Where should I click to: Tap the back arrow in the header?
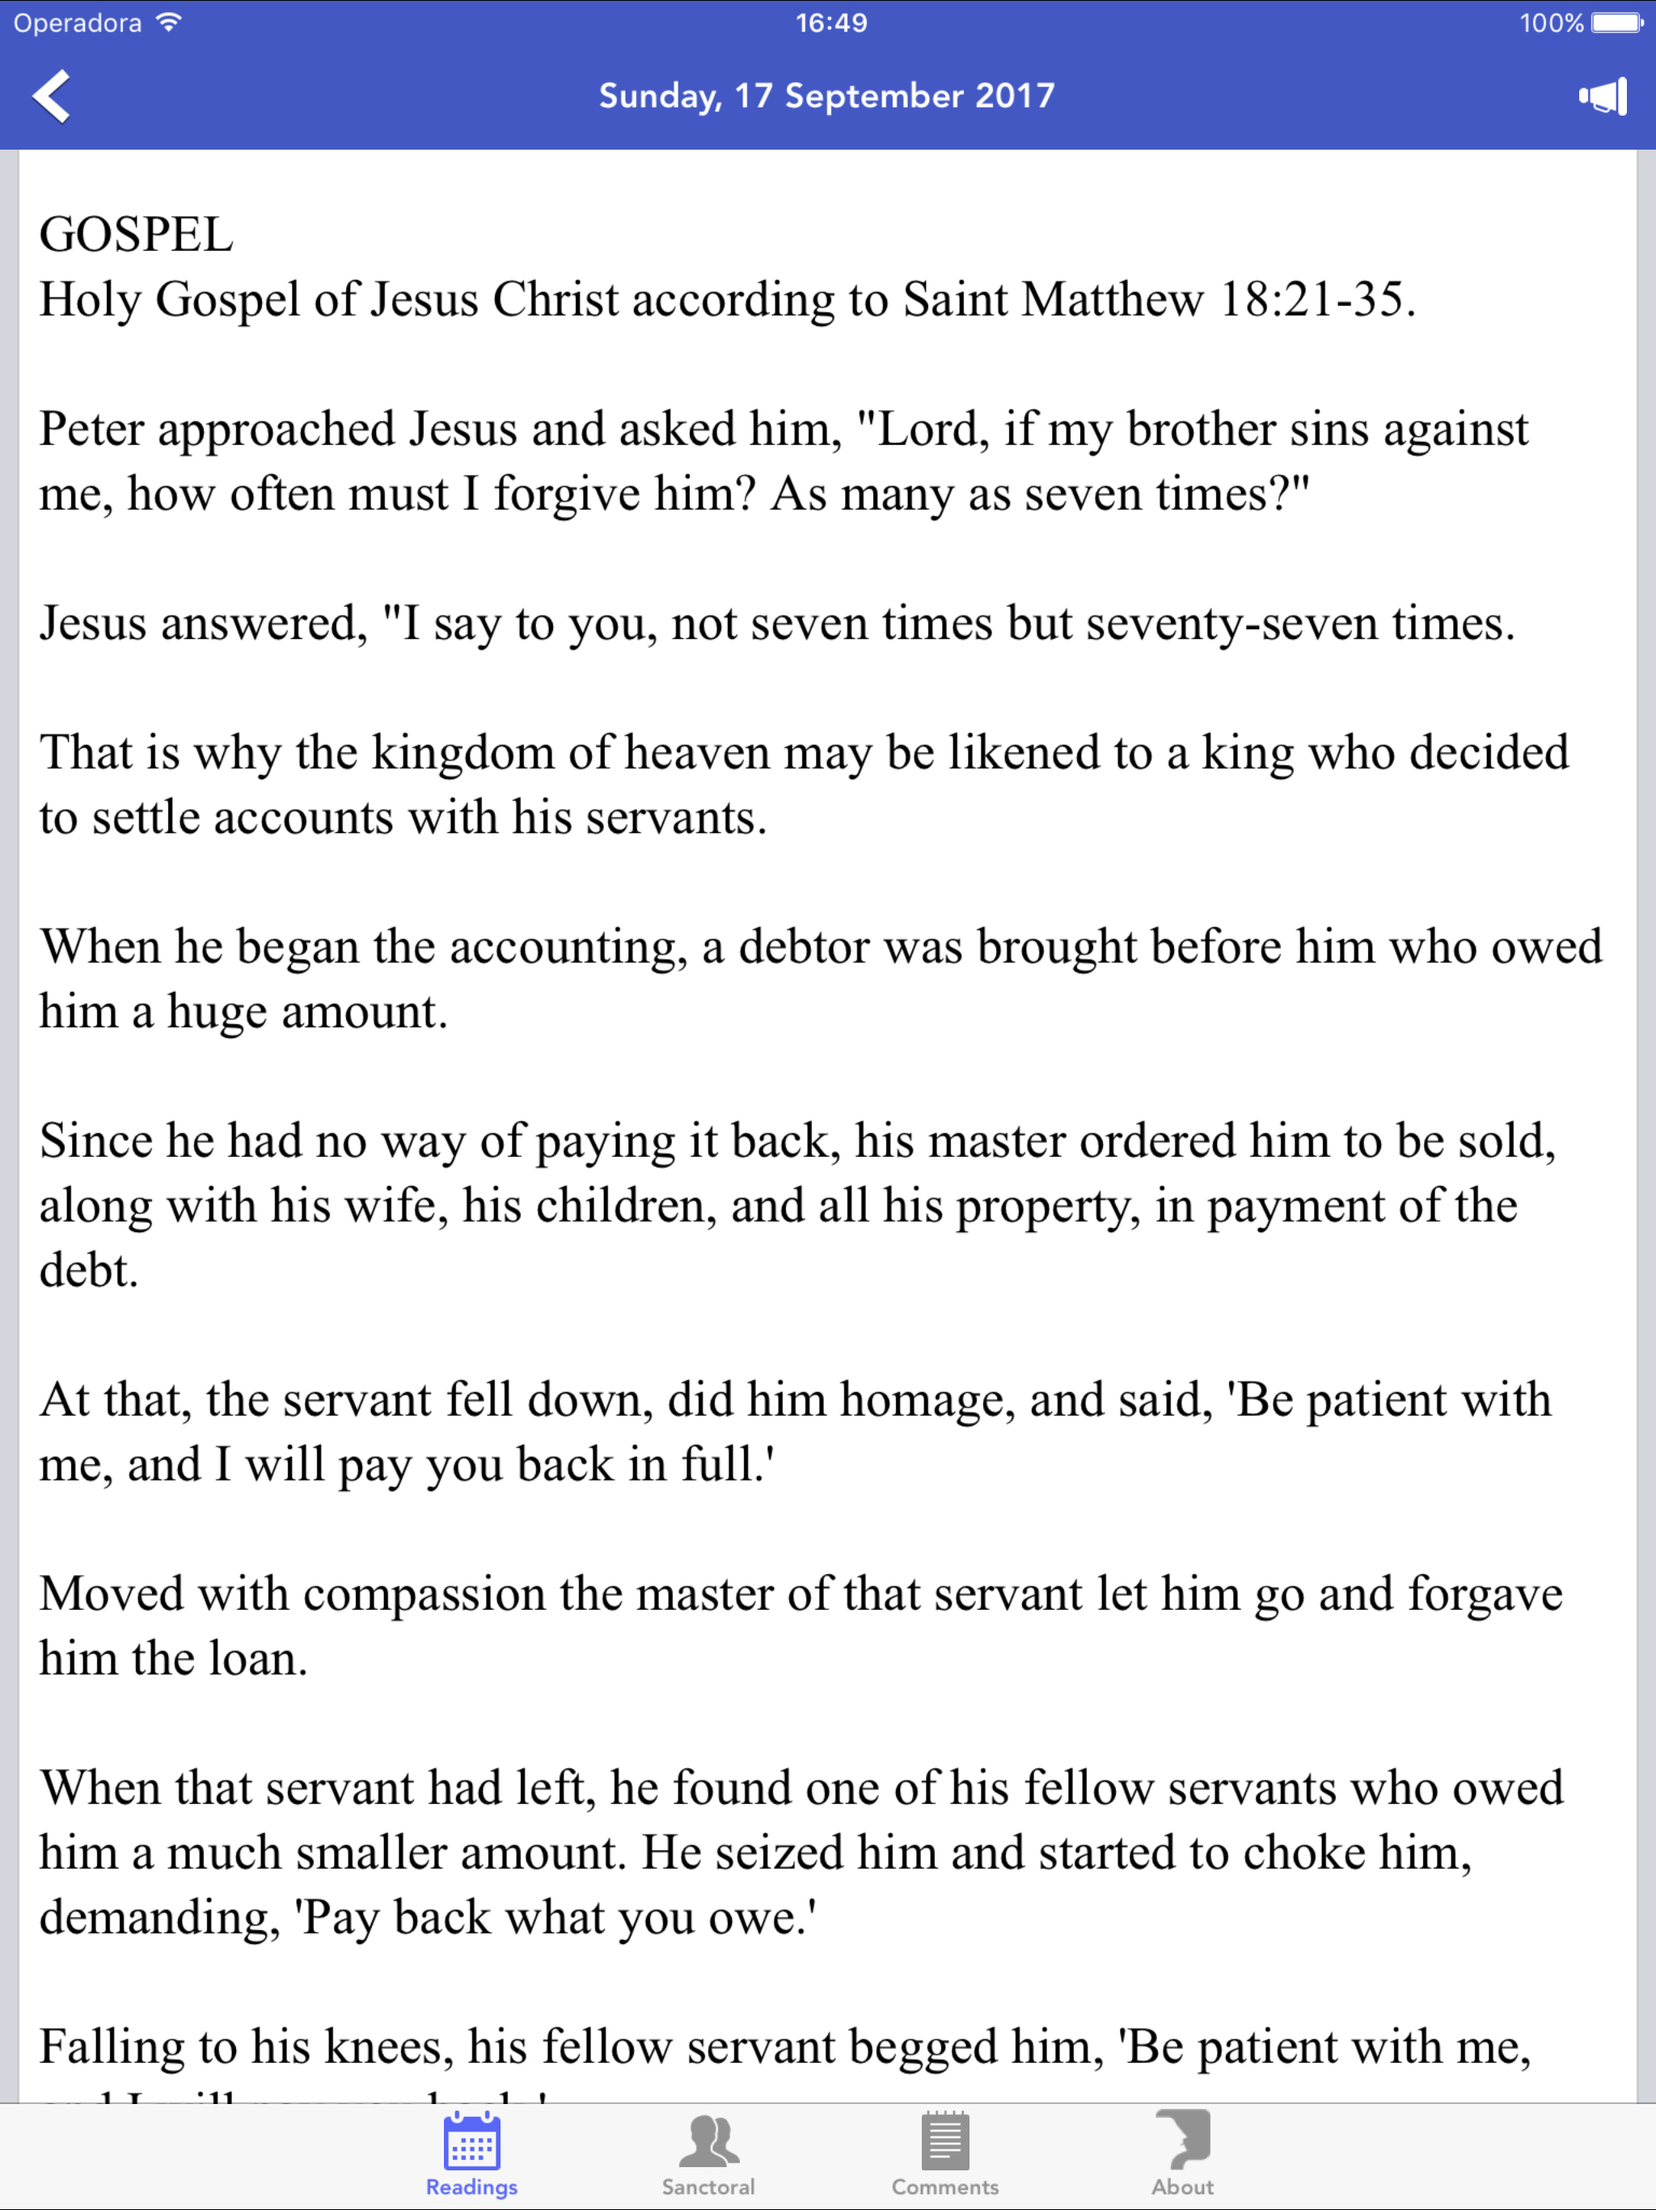52,96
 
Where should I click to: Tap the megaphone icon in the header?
1602,97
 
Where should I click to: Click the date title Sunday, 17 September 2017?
826,96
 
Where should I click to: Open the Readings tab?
471,2153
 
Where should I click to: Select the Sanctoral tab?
708,2153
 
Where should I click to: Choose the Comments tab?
945,2153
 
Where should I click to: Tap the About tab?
1183,2153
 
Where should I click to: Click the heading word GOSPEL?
136,235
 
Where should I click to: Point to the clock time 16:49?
831,23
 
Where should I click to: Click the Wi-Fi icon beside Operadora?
170,22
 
